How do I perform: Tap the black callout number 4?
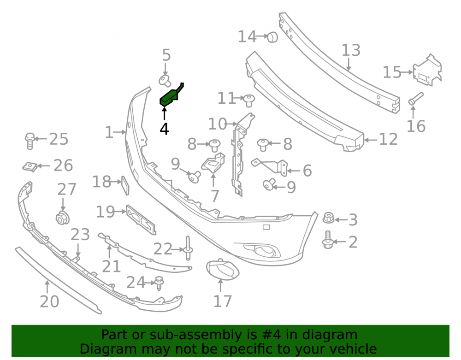pyautogui.click(x=165, y=129)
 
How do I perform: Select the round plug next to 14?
pyautogui.click(x=272, y=37)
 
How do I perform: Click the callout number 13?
pyautogui.click(x=351, y=50)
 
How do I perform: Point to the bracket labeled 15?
pyautogui.click(x=427, y=71)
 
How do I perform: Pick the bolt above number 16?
pyautogui.click(x=416, y=99)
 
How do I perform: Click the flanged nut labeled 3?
pyautogui.click(x=328, y=218)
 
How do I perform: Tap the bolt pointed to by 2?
pyautogui.click(x=327, y=240)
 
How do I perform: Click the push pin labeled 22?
pyautogui.click(x=188, y=248)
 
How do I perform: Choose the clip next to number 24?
pyautogui.click(x=159, y=283)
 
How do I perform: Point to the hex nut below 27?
pyautogui.click(x=63, y=218)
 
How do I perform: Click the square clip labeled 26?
pyautogui.click(x=30, y=166)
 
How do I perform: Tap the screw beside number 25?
pyautogui.click(x=30, y=141)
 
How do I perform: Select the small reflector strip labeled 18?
pyautogui.click(x=125, y=185)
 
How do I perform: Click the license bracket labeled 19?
pyautogui.click(x=141, y=219)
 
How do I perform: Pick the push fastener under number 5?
pyautogui.click(x=165, y=81)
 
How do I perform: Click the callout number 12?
pyautogui.click(x=388, y=139)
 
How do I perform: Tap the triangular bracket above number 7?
pyautogui.click(x=213, y=163)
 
